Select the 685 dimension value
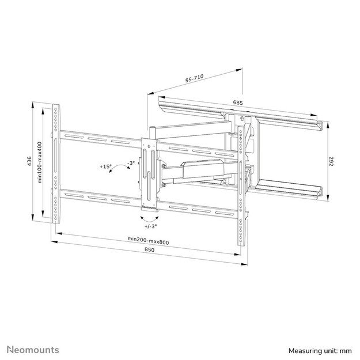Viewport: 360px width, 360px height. [237, 103]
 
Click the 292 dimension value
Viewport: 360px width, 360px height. [332, 162]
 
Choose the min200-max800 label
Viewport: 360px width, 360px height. [149, 240]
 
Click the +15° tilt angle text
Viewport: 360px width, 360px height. [105, 166]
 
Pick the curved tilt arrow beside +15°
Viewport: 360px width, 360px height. [119, 168]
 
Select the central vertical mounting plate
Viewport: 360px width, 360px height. [150, 173]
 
